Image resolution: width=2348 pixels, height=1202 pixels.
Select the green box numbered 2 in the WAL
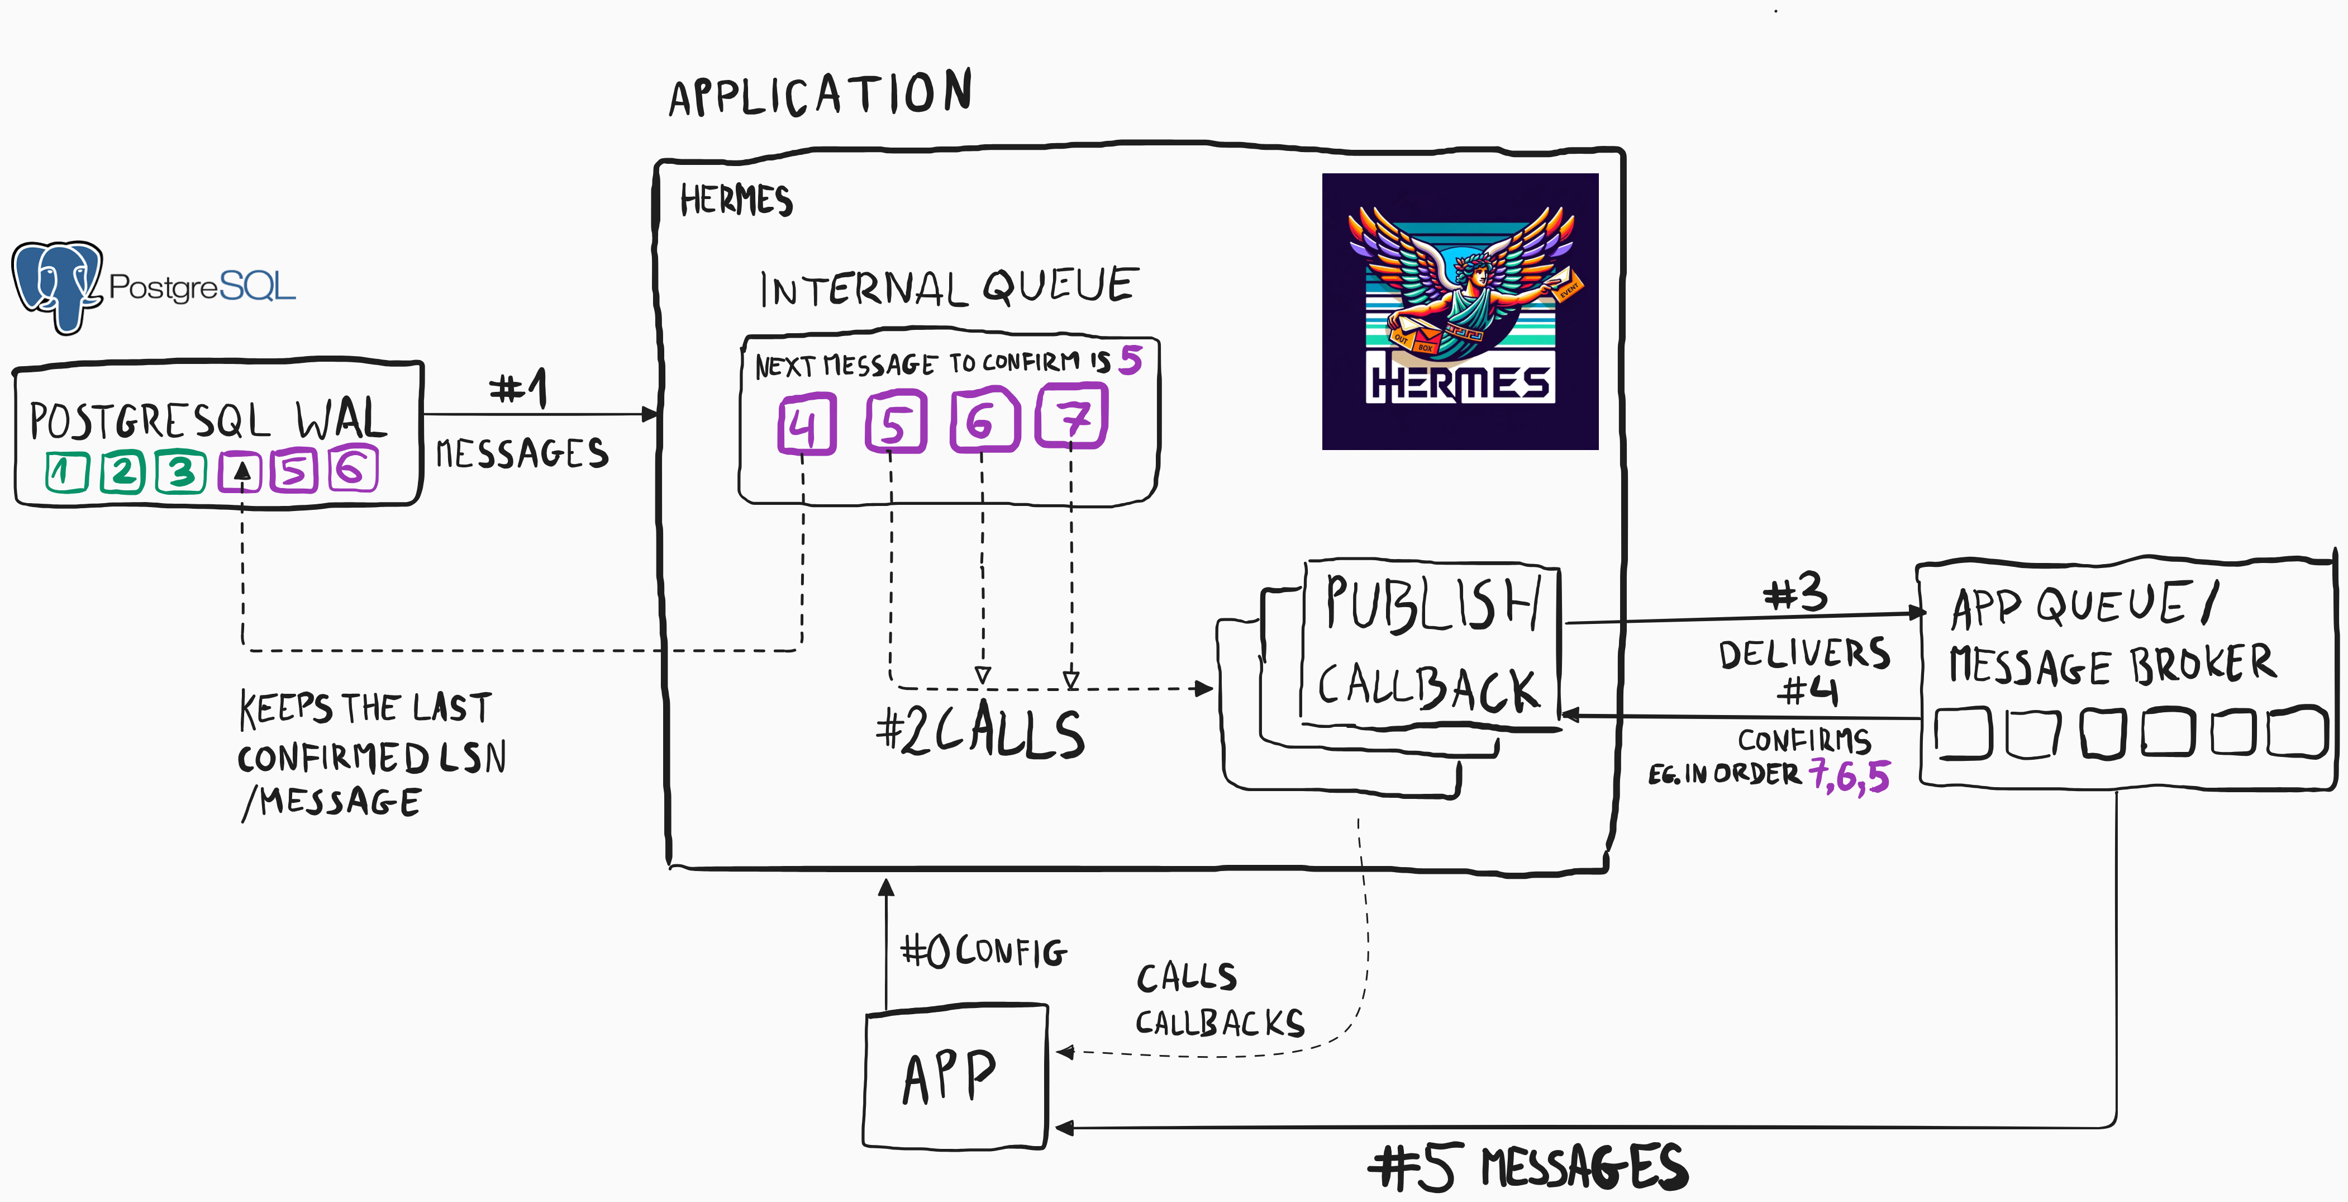pos(122,471)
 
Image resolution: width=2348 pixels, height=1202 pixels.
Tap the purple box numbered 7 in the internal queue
pos(1072,418)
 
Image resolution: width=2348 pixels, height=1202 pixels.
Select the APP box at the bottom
pos(954,1076)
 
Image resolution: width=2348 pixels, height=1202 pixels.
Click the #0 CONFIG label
pos(983,951)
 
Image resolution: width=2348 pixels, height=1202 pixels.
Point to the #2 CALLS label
pos(980,731)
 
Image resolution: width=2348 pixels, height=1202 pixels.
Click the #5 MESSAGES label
pos(1528,1166)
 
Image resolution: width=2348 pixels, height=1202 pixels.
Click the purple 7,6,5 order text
pos(1850,776)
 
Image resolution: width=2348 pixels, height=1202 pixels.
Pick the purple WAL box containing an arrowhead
pos(241,471)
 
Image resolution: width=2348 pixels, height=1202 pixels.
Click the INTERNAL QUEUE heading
pos(948,288)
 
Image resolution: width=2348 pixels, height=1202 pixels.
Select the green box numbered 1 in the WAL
pos(66,471)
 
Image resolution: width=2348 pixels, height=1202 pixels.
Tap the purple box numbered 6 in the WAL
pos(352,470)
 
